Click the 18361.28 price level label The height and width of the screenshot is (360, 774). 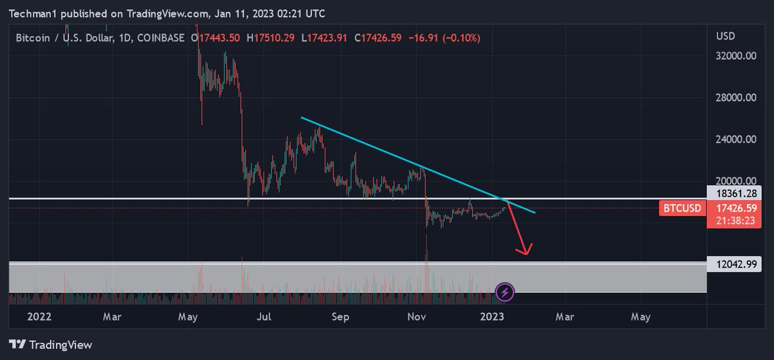736,194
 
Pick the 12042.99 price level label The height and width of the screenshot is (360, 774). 736,263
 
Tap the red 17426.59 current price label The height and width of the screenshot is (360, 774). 736,208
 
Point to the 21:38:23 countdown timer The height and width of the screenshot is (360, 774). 736,219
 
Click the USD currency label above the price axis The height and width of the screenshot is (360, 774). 726,36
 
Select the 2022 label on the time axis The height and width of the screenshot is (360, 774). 40,317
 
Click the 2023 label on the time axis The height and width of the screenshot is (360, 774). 492,317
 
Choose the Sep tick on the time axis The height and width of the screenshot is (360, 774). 341,317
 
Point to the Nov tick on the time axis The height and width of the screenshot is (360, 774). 417,317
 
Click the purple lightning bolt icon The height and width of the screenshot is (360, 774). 504,292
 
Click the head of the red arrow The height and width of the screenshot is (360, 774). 526,252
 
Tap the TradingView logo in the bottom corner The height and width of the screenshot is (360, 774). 52,345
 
